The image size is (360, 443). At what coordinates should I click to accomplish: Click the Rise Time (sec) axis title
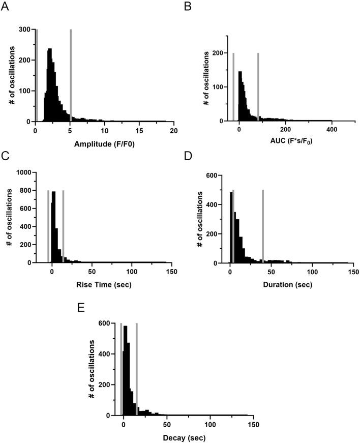click(x=104, y=284)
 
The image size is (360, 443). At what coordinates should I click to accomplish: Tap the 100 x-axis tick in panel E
click(x=209, y=425)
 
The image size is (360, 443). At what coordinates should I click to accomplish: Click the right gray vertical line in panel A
click(x=70, y=75)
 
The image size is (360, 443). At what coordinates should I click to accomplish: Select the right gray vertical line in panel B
click(x=258, y=86)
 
